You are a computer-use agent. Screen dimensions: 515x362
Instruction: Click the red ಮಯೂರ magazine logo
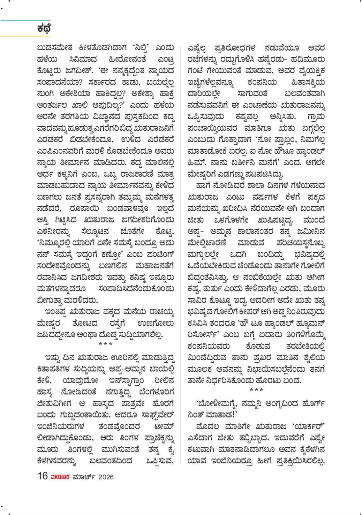coord(60,477)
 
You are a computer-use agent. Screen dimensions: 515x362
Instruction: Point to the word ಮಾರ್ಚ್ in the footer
coord(83,477)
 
